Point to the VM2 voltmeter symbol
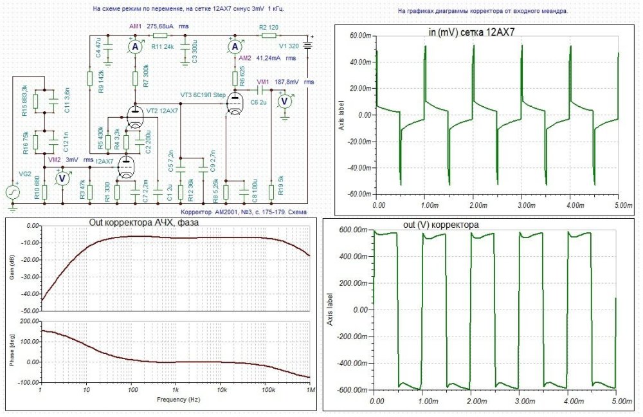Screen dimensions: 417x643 coord(62,179)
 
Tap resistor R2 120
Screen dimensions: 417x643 coord(268,37)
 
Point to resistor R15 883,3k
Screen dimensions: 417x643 coord(36,100)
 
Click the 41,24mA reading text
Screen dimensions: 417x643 coord(269,58)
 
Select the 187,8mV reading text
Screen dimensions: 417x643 coord(288,82)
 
